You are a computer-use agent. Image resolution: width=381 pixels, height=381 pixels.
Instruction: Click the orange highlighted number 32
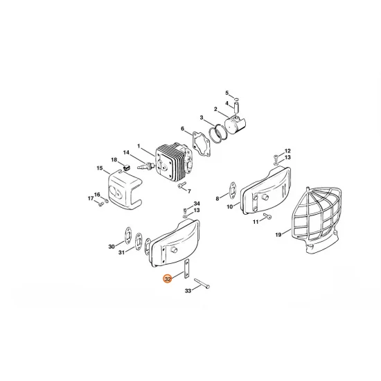166,279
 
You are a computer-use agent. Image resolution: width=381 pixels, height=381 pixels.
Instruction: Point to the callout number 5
226,91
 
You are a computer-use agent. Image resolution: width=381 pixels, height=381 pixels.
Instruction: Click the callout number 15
99,168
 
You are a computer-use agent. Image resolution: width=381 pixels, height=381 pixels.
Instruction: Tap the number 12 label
287,150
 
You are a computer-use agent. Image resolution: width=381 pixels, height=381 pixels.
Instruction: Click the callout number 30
112,246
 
